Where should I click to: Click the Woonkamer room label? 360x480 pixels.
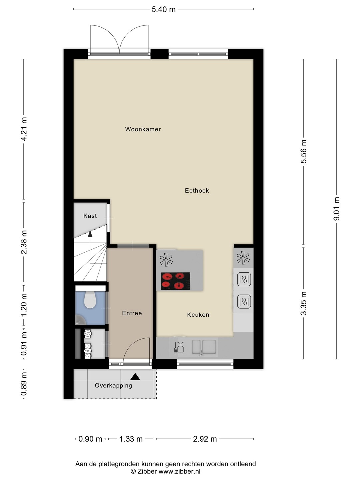[143, 129]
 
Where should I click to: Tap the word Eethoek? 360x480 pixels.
[197, 191]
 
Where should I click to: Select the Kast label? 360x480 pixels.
[90, 216]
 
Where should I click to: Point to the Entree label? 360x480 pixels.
[132, 313]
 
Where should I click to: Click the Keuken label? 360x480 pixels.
[198, 315]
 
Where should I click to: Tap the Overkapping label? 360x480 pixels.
[113, 385]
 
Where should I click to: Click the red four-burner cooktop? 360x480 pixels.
[176, 281]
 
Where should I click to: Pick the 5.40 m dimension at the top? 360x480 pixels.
[163, 9]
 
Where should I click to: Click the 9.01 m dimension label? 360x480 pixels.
[336, 209]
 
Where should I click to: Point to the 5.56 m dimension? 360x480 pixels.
[303, 152]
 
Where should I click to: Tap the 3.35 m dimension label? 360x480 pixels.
[303, 303]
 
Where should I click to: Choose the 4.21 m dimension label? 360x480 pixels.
[24, 129]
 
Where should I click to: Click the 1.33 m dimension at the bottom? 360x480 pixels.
[131, 439]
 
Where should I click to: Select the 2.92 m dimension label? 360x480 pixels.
[205, 439]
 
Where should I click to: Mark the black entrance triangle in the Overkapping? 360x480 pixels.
[135, 377]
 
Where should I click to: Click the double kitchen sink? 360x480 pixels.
[204, 347]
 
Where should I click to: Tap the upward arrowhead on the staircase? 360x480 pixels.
[90, 234]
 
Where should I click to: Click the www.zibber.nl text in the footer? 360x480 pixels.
[179, 471]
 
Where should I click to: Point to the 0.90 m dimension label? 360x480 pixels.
[90, 439]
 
